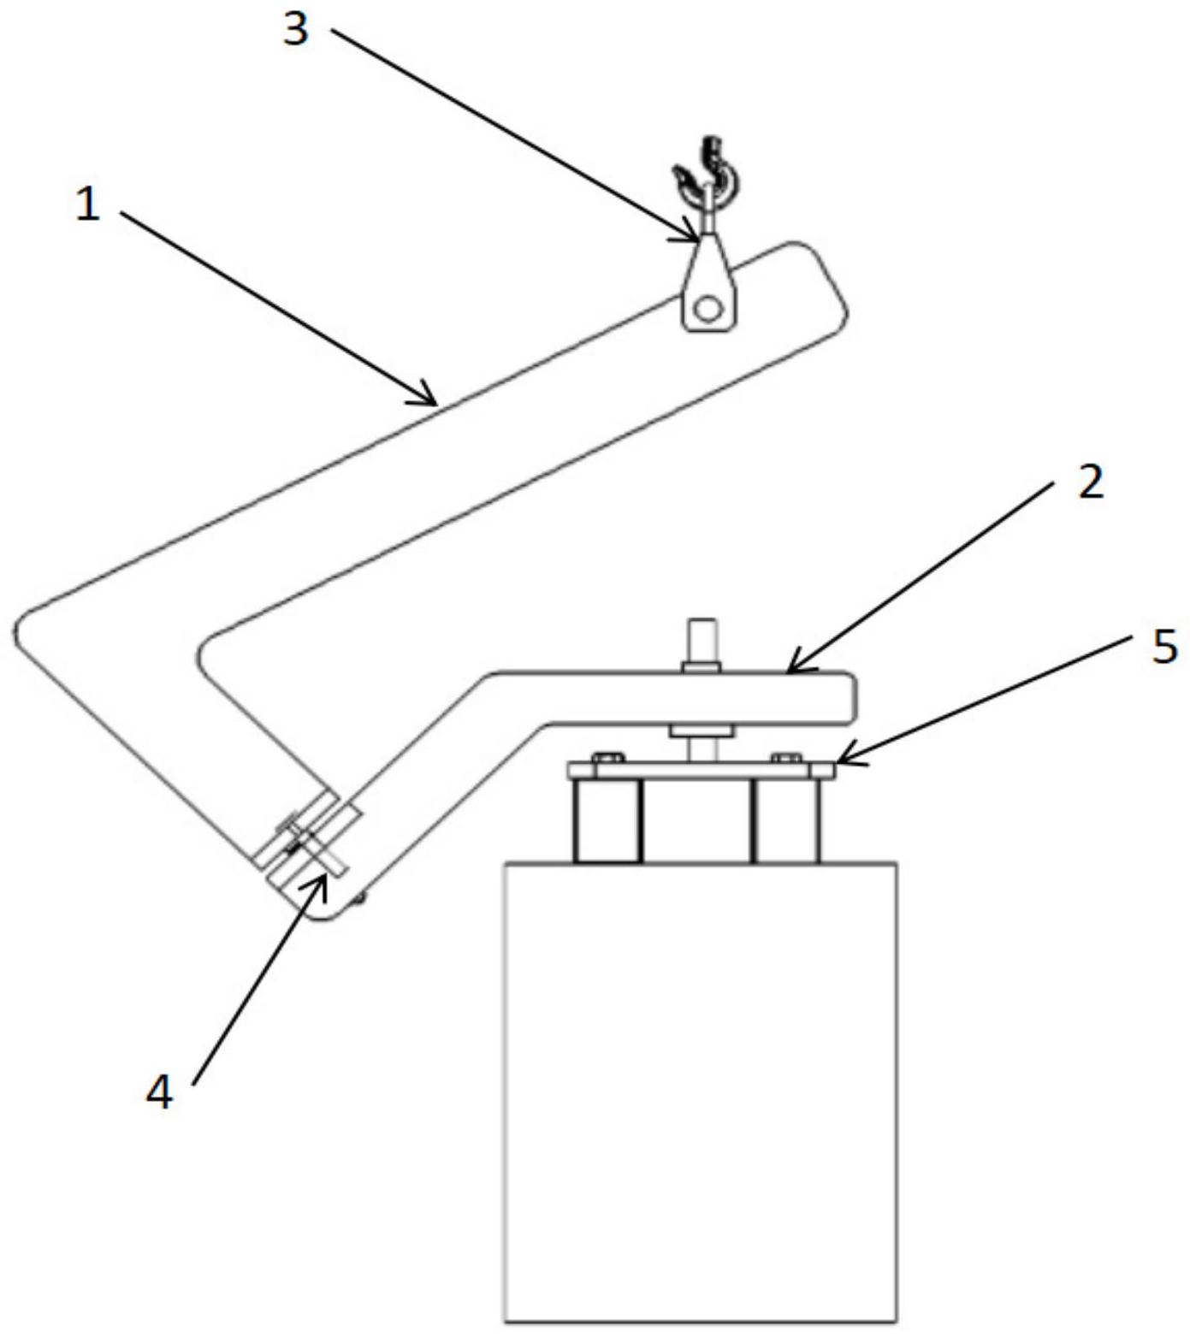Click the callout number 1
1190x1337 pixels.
coord(87,205)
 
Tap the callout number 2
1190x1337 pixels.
coord(1089,483)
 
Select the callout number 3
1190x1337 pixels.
coord(295,31)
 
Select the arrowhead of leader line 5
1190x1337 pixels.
coord(844,755)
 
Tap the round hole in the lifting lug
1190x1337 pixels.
coord(707,308)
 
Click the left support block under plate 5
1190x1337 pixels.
coord(607,821)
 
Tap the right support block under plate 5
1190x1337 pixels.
coord(785,821)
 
